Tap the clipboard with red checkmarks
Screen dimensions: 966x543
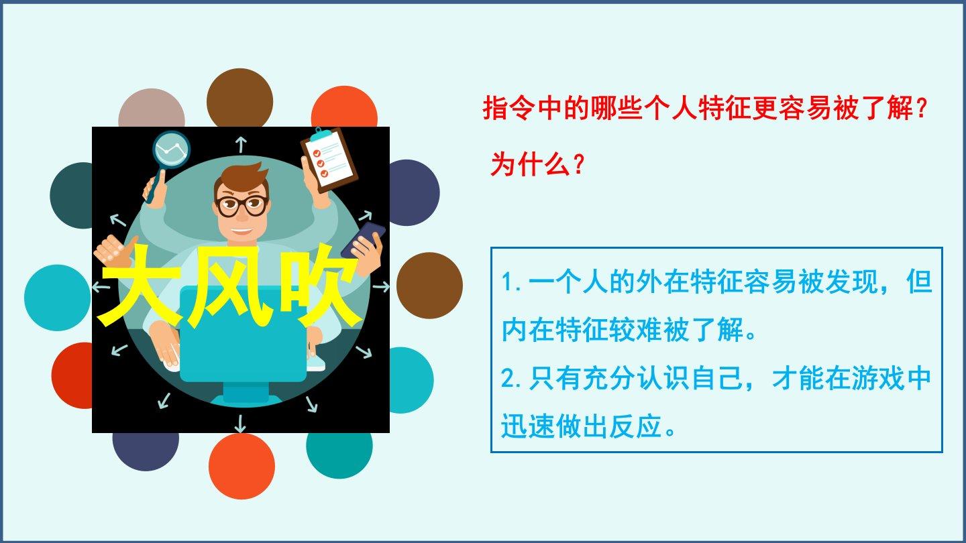[329, 160]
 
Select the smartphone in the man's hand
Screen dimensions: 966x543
[362, 239]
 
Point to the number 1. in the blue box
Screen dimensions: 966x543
[512, 283]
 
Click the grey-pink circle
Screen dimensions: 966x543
[152, 108]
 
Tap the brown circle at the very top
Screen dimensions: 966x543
[239, 99]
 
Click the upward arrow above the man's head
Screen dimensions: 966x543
[241, 144]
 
